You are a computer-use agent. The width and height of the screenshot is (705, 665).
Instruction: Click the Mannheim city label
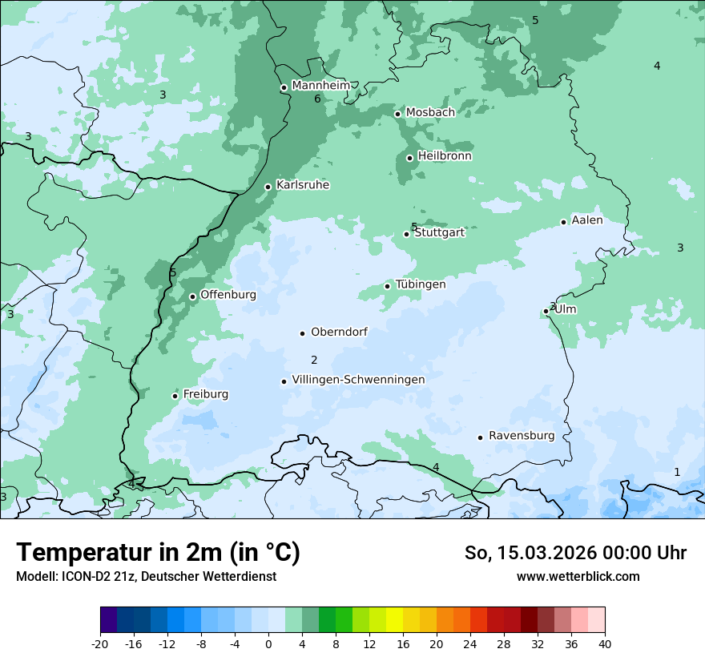pyautogui.click(x=320, y=86)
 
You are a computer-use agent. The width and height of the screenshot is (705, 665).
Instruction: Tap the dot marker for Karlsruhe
pyautogui.click(x=268, y=187)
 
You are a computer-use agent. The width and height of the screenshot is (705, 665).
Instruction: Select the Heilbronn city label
pyautogui.click(x=445, y=156)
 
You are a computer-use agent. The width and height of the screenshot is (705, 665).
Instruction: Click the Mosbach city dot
pyautogui.click(x=397, y=114)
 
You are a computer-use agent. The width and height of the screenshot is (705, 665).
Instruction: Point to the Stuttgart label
pyautogui.click(x=439, y=233)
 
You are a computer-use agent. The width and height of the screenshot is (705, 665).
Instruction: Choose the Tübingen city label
pyautogui.click(x=421, y=284)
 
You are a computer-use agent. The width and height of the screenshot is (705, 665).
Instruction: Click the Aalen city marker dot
pyautogui.click(x=563, y=222)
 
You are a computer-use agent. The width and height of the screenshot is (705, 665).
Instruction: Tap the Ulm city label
pyautogui.click(x=566, y=309)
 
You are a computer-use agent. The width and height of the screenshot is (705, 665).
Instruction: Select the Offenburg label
pyautogui.click(x=228, y=295)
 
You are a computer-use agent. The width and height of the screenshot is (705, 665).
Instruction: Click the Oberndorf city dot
pyautogui.click(x=302, y=333)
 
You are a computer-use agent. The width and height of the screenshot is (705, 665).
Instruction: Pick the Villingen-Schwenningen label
pyautogui.click(x=358, y=380)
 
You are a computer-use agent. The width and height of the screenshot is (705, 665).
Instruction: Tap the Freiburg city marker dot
pyautogui.click(x=175, y=396)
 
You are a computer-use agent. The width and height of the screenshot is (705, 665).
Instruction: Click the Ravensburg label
pyautogui.click(x=522, y=436)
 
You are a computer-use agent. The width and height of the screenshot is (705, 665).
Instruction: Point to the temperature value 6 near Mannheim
pyautogui.click(x=317, y=99)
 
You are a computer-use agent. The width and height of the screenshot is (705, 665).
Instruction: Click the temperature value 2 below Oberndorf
pyautogui.click(x=314, y=361)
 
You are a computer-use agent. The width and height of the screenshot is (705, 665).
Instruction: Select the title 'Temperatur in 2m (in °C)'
pyautogui.click(x=159, y=552)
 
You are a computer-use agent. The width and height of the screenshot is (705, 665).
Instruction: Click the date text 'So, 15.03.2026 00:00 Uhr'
pyautogui.click(x=575, y=553)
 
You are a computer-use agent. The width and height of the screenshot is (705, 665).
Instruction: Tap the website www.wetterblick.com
pyautogui.click(x=578, y=577)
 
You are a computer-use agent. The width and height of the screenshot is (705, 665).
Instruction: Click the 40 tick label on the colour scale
pyautogui.click(x=604, y=644)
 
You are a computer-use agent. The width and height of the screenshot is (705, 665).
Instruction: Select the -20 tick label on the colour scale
pyautogui.click(x=100, y=644)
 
